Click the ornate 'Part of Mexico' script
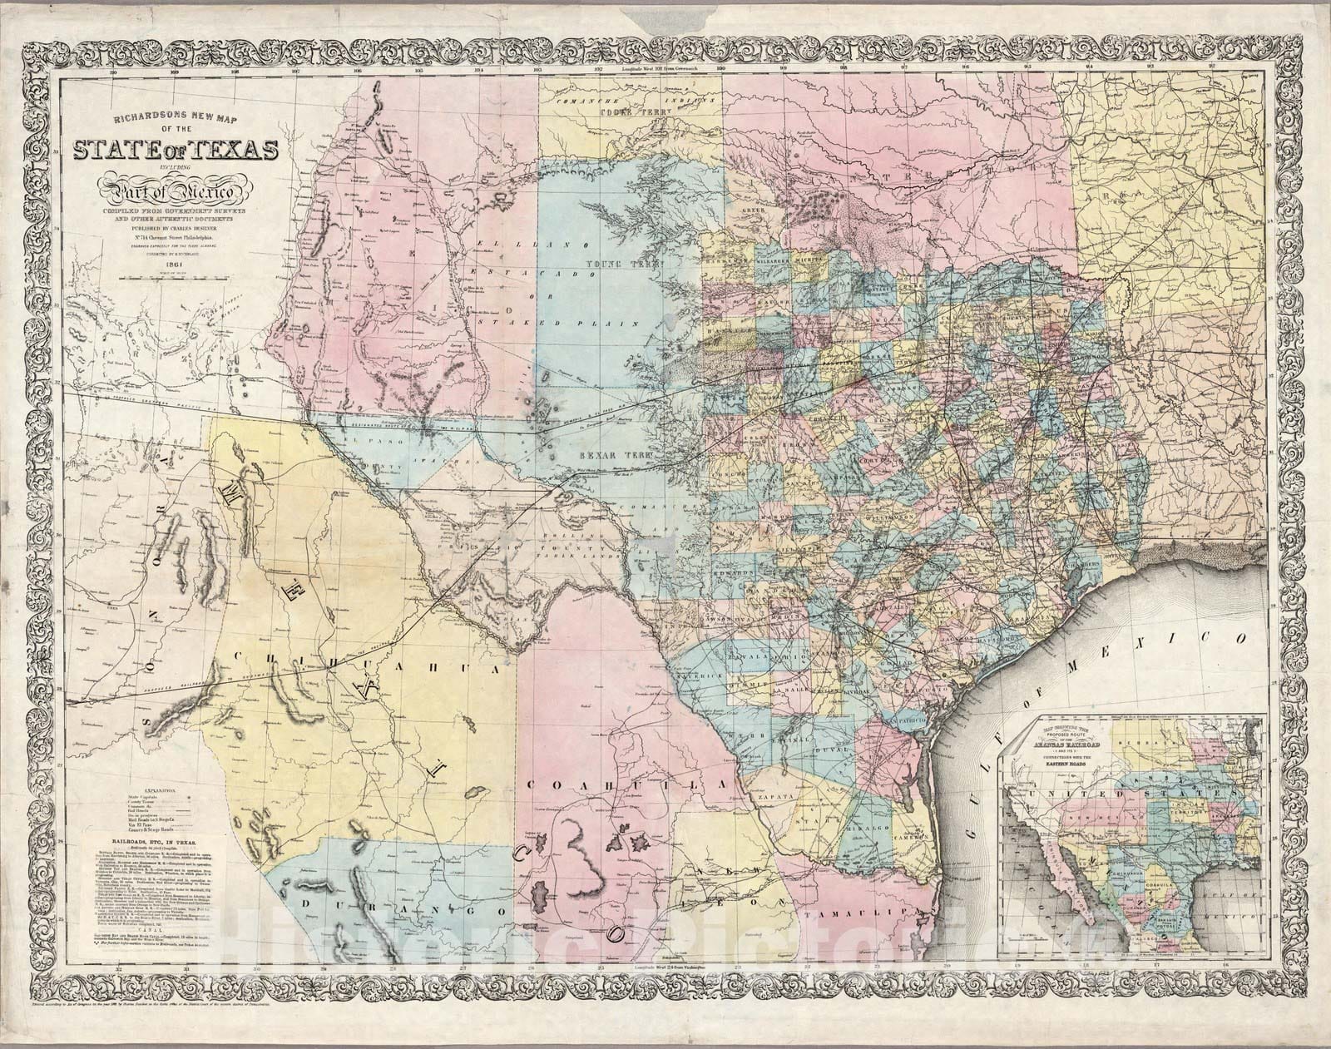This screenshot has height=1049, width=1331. pos(171,196)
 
